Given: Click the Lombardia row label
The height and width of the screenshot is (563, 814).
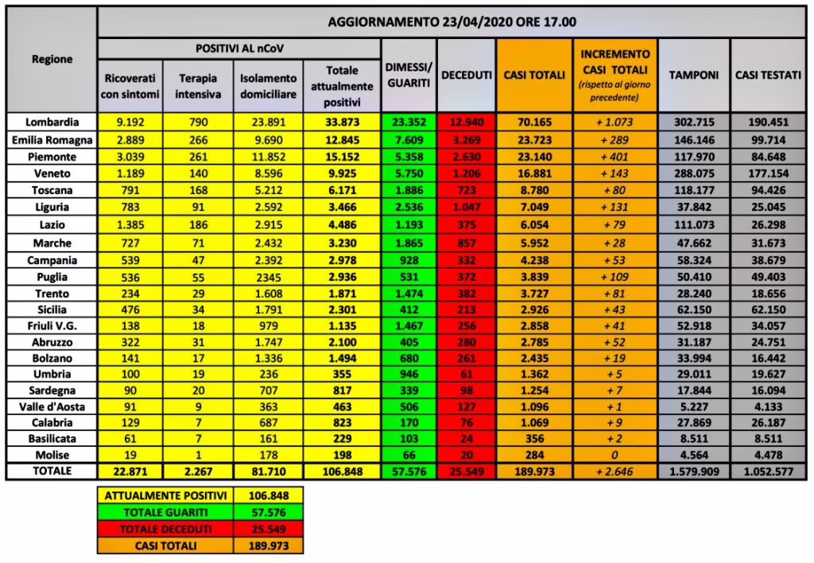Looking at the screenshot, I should [52, 122].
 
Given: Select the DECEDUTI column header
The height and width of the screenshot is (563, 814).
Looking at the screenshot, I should [465, 75].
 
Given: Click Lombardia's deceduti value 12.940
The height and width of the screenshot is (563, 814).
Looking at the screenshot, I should [466, 122].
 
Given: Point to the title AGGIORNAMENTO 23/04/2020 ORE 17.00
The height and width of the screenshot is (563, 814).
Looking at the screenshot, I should [452, 21].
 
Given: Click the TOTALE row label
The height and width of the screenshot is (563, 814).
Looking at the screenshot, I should [52, 471].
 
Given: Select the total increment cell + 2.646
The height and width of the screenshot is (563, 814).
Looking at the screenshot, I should [616, 472].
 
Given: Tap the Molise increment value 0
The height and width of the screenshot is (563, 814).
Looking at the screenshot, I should [616, 455].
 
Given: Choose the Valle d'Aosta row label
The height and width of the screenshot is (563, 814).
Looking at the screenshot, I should [52, 405].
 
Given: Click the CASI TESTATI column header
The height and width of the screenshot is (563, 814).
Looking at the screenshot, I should [767, 75].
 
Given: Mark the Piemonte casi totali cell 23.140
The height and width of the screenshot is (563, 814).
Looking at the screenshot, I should [534, 155].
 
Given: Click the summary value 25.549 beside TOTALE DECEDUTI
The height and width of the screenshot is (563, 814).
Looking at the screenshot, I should [269, 530].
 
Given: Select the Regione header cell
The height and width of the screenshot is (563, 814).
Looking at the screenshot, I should [52, 59].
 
